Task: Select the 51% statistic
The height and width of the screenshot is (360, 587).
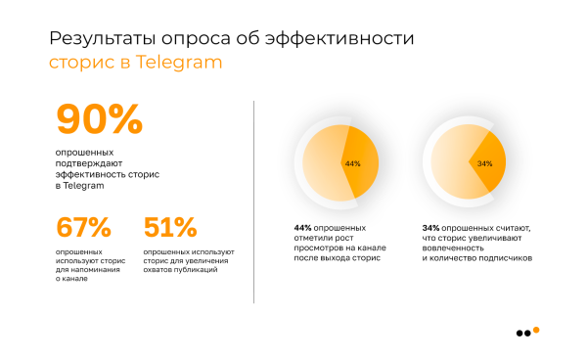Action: click(x=170, y=227)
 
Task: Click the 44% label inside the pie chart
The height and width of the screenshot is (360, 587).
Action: click(x=352, y=163)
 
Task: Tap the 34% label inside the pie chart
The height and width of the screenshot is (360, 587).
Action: click(x=485, y=163)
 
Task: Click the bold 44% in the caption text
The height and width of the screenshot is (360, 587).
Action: click(x=302, y=227)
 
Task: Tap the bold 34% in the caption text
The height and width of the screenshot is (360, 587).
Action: click(x=431, y=227)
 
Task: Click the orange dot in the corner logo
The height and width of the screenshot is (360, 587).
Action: click(x=535, y=330)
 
